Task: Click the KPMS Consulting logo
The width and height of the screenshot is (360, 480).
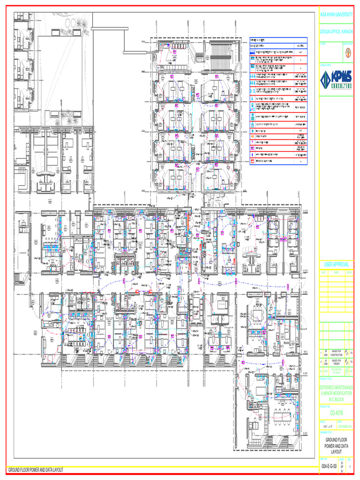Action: pos(336,82)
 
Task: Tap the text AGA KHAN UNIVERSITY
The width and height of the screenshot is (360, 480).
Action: pos(336,15)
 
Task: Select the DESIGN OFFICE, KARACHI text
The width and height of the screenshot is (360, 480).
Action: pos(336,31)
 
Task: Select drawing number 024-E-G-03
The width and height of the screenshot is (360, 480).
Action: pos(329,467)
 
